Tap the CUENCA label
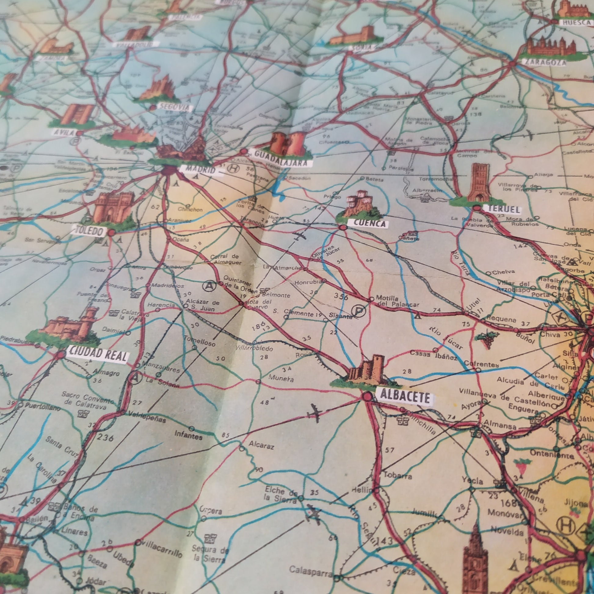pyautogui.click(x=367, y=224)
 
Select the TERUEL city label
pyautogui.click(x=503, y=210)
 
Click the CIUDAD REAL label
pyautogui.click(x=97, y=356)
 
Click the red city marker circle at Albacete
pyautogui.click(x=367, y=397)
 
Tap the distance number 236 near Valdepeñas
pyautogui.click(x=105, y=437)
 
